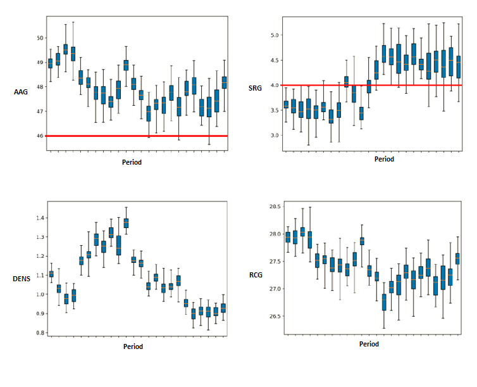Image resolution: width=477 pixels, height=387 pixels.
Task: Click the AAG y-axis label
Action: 21,92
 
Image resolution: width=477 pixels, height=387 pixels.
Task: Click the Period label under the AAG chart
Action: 132,162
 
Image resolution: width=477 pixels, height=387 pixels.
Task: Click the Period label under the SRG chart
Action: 383,159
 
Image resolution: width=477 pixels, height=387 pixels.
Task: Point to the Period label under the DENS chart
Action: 133,346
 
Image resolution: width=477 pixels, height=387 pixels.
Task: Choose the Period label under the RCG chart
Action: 369,344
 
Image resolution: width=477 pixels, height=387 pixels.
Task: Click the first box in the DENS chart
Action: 51,274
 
